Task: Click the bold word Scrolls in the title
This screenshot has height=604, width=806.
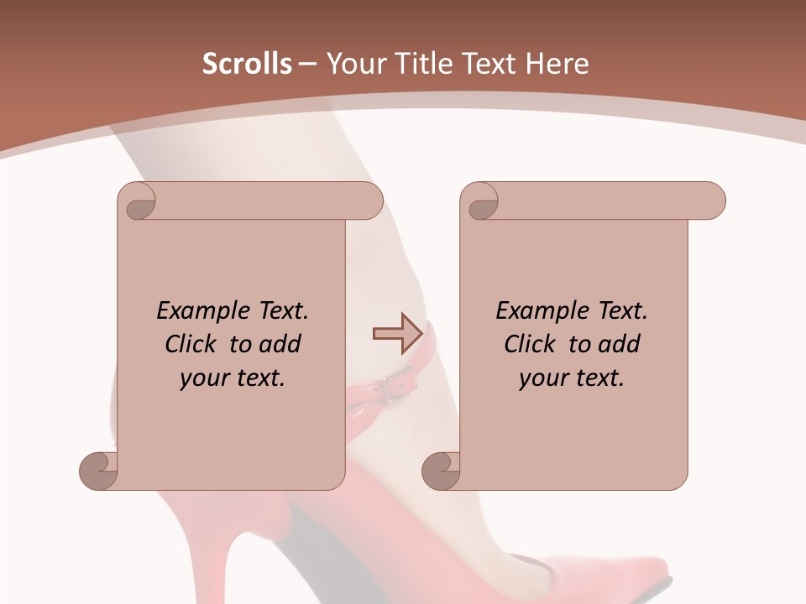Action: [248, 64]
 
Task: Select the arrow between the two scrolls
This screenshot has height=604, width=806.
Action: [397, 334]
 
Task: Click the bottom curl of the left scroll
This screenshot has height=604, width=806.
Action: [99, 471]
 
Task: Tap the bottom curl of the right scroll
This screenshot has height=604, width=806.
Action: [442, 471]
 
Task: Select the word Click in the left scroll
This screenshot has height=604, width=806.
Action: [183, 344]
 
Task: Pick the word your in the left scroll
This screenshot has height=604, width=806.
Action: [202, 378]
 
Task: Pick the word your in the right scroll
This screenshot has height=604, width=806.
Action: [542, 378]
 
